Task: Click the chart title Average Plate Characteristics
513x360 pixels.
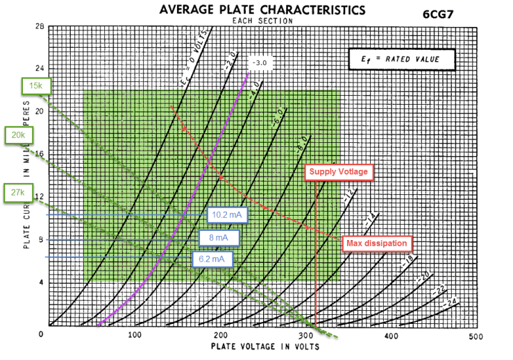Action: [262, 10]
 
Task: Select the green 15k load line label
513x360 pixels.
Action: [35, 86]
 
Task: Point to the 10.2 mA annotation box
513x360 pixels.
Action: [226, 215]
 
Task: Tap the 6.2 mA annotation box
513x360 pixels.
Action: [212, 259]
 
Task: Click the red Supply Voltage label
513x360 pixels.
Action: [339, 171]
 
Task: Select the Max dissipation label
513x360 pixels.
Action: [378, 243]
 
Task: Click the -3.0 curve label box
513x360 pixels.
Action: [260, 64]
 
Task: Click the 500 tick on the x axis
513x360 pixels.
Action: [476, 336]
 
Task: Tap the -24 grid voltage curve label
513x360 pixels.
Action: [451, 304]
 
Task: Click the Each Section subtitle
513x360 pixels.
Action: [262, 21]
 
